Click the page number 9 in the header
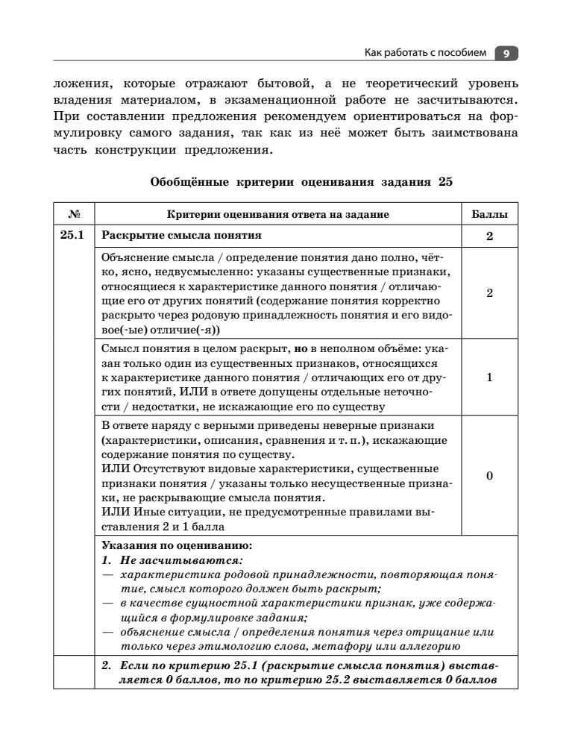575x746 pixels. click(x=506, y=54)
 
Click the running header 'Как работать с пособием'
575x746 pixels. click(x=425, y=54)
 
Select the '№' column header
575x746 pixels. click(x=74, y=215)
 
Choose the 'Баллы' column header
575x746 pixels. click(x=489, y=215)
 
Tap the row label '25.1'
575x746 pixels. click(x=73, y=236)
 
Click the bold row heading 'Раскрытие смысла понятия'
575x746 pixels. click(x=181, y=236)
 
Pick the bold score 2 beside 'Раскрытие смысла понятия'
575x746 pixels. click(x=489, y=237)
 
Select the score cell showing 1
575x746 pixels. click(x=489, y=377)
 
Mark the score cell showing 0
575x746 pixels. click(x=489, y=476)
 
